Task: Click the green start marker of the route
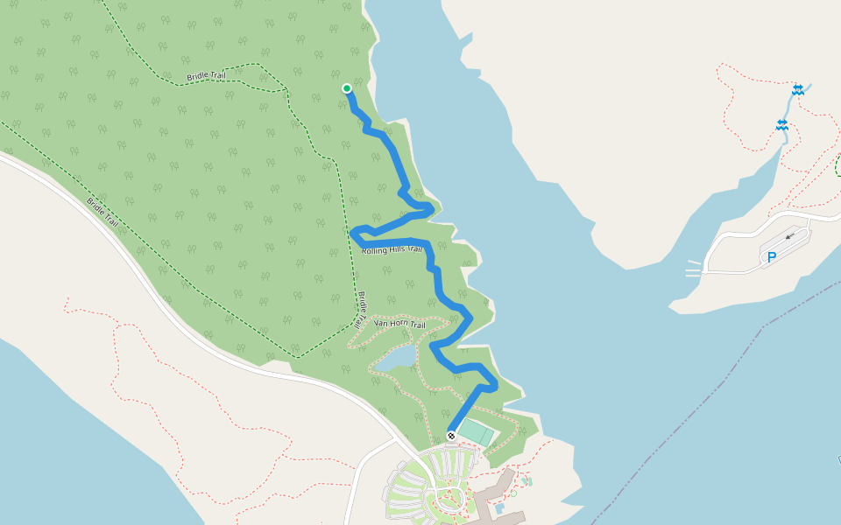(347, 88)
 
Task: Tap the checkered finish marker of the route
(451, 436)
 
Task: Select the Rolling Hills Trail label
(392, 250)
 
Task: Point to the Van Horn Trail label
(399, 325)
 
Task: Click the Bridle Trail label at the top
(207, 77)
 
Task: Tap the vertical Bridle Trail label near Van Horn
(361, 309)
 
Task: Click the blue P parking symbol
(772, 257)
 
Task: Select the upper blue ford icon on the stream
(798, 89)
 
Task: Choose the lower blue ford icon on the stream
(781, 125)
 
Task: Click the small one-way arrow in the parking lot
(791, 235)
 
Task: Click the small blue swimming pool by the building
(498, 507)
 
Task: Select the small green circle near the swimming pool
(513, 493)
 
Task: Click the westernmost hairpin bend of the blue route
(354, 233)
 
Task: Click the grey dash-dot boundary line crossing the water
(701, 402)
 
